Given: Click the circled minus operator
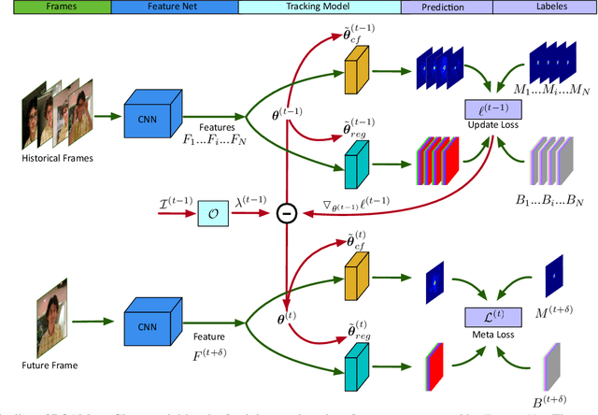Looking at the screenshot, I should [x=288, y=214].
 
